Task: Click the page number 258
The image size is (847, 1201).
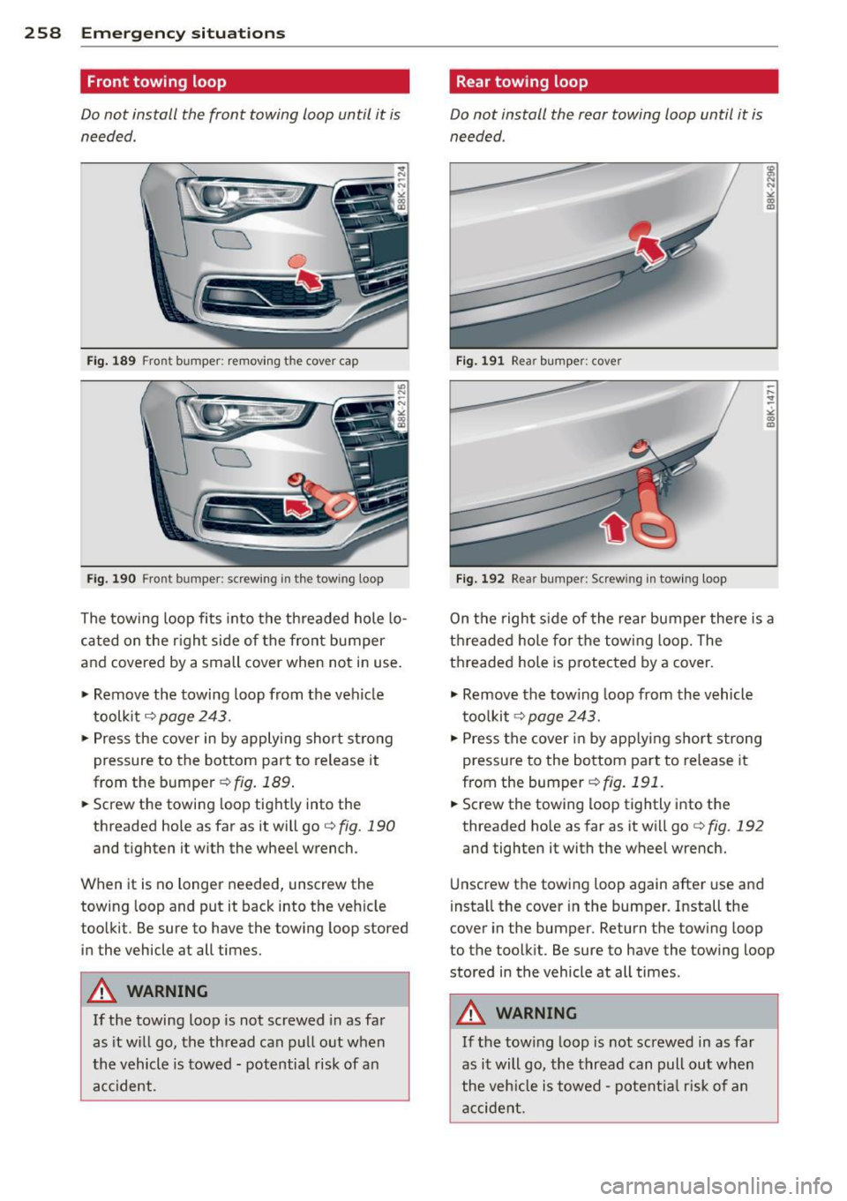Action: pyautogui.click(x=42, y=34)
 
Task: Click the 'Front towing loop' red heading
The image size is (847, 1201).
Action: pyautogui.click(x=156, y=82)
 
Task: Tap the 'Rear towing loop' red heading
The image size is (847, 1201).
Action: pyautogui.click(x=521, y=82)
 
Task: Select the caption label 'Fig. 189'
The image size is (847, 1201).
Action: pyautogui.click(x=111, y=361)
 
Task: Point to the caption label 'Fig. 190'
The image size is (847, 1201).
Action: pyautogui.click(x=111, y=579)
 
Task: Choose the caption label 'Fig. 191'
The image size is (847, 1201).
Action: pyautogui.click(x=480, y=361)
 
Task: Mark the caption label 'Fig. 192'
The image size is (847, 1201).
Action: pyautogui.click(x=480, y=579)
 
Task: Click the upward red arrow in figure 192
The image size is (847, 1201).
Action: pyautogui.click(x=614, y=529)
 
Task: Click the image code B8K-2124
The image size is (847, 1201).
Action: pyautogui.click(x=401, y=189)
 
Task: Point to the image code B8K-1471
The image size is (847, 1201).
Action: pyautogui.click(x=770, y=405)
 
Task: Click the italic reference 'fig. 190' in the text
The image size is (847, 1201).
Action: pyautogui.click(x=367, y=827)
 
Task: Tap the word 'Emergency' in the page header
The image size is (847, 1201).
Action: pyautogui.click(x=131, y=34)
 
